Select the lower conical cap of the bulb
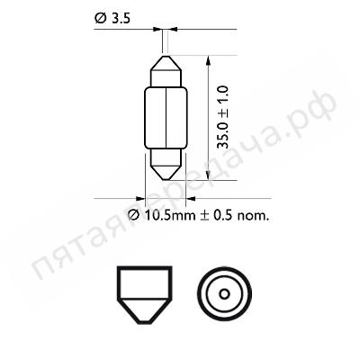pos(166,167)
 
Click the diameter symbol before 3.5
pos(97,14)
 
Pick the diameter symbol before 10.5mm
pos(132,215)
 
